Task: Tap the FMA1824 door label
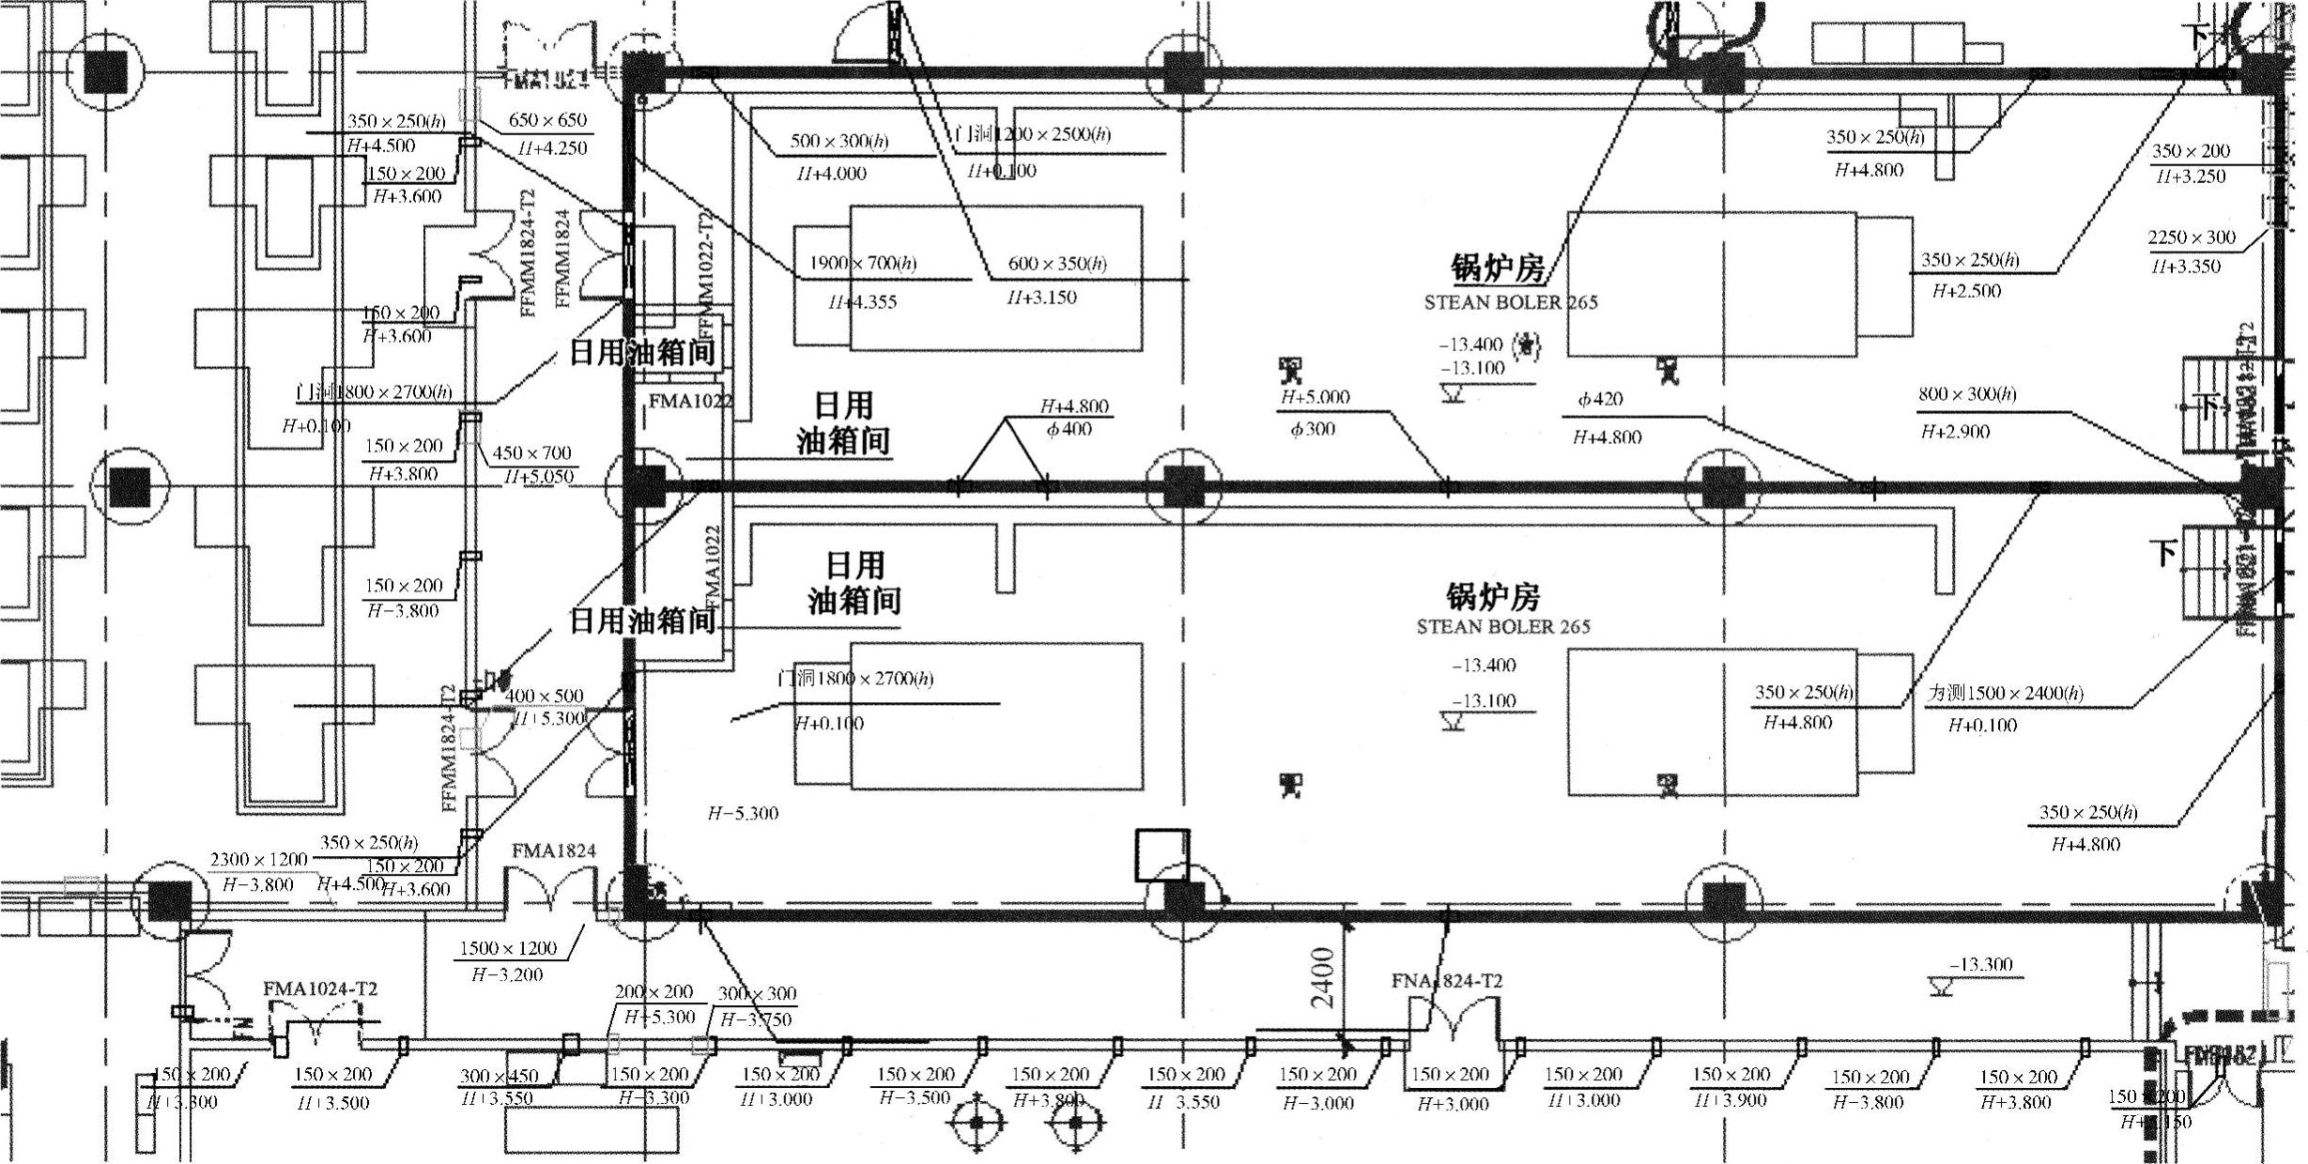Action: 553,850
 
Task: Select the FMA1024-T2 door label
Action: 320,988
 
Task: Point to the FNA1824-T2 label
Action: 1446,981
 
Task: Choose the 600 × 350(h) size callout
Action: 1056,264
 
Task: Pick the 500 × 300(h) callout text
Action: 839,142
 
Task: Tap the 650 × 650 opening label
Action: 547,120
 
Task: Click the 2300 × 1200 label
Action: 258,860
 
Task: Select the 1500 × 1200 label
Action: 507,948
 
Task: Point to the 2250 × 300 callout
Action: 2192,237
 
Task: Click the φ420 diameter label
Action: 1600,400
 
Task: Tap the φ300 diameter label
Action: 1313,430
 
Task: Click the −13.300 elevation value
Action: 1981,965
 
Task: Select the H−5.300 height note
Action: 743,813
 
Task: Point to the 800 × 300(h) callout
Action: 1966,394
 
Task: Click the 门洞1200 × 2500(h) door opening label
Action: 1032,134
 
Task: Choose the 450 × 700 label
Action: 531,453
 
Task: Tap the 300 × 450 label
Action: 499,1077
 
